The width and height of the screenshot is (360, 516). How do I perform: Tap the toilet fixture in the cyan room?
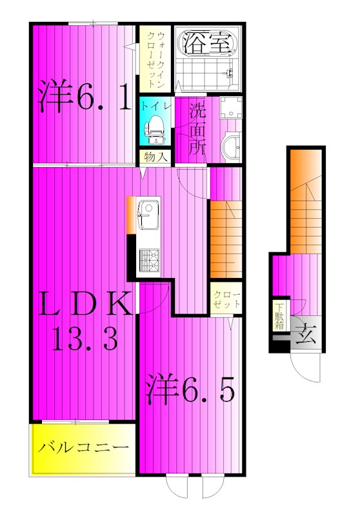[154, 131]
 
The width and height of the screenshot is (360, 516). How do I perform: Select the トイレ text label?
[157, 107]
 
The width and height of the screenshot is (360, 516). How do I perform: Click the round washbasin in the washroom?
[232, 148]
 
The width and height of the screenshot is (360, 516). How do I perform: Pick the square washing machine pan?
[231, 107]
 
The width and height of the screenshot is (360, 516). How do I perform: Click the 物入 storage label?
[154, 157]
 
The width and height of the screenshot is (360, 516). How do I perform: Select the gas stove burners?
[149, 261]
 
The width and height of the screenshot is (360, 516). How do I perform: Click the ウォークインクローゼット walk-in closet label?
[155, 59]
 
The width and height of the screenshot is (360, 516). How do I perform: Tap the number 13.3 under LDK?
[85, 339]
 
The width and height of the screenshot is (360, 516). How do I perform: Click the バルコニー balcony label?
[83, 448]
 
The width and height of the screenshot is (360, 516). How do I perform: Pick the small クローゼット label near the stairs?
[226, 299]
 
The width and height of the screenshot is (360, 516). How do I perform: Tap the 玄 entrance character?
[306, 333]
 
